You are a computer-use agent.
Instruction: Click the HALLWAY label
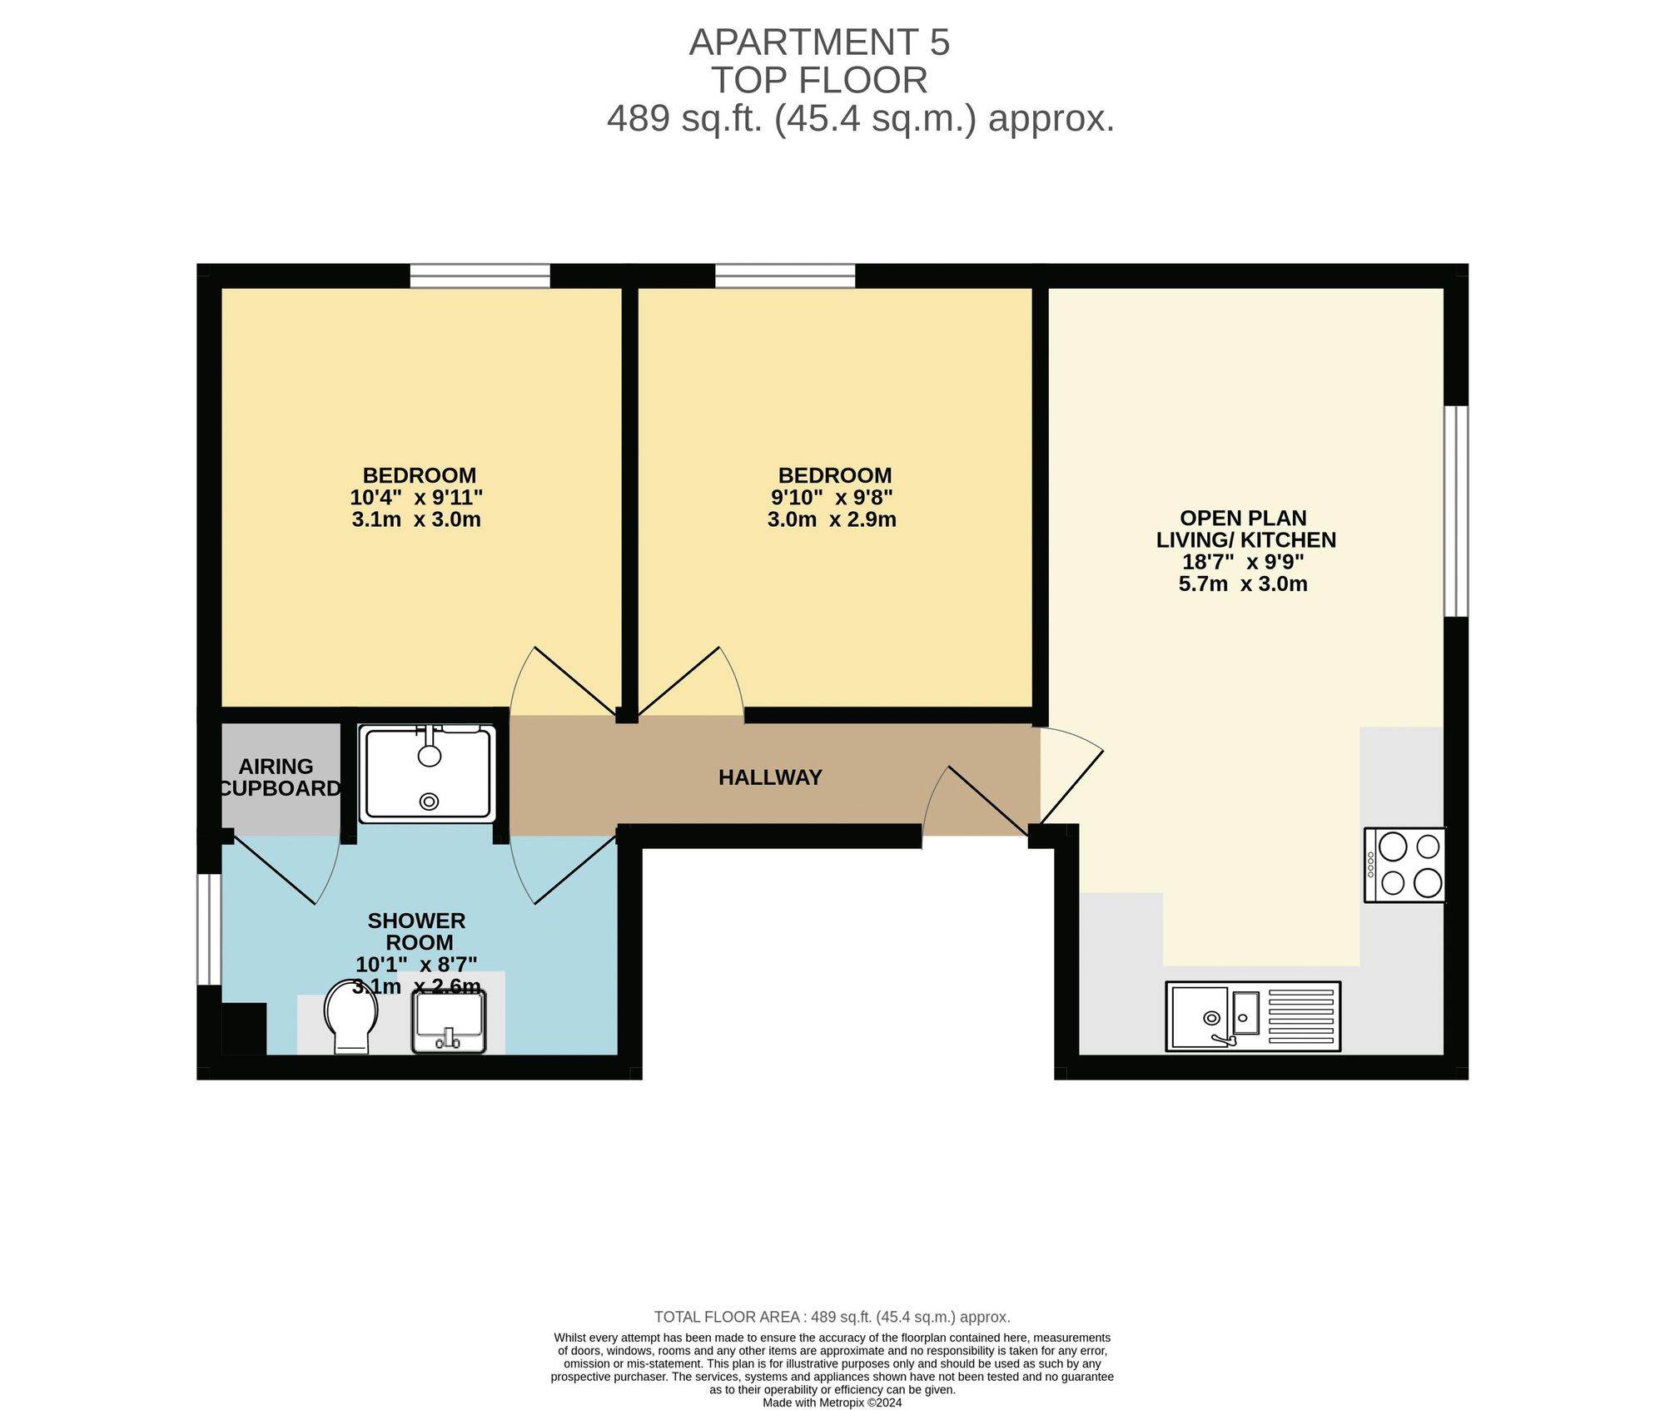click(x=770, y=777)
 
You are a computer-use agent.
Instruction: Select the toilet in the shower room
click(x=350, y=1016)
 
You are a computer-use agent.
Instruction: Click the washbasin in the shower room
click(x=449, y=1022)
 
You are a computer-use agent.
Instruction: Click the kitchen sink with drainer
click(x=1253, y=1015)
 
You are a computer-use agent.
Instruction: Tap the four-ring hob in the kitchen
click(x=1404, y=865)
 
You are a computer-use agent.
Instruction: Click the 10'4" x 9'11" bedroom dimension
click(x=416, y=498)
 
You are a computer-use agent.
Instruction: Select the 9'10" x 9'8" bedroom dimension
click(x=832, y=498)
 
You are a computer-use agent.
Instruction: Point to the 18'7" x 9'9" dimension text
click(x=1243, y=562)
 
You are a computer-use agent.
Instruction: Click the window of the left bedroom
click(x=480, y=276)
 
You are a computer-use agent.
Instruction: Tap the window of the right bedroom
click(x=785, y=276)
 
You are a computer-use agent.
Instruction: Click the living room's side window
click(x=1456, y=511)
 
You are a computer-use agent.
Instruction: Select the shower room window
click(x=209, y=929)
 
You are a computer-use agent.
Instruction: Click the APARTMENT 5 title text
click(x=819, y=42)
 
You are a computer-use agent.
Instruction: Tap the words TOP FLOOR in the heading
click(x=819, y=81)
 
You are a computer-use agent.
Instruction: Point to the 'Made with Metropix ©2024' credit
click(x=832, y=1403)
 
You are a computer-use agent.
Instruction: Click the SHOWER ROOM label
click(x=417, y=931)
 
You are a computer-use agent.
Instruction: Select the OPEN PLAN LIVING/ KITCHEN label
click(x=1245, y=529)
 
